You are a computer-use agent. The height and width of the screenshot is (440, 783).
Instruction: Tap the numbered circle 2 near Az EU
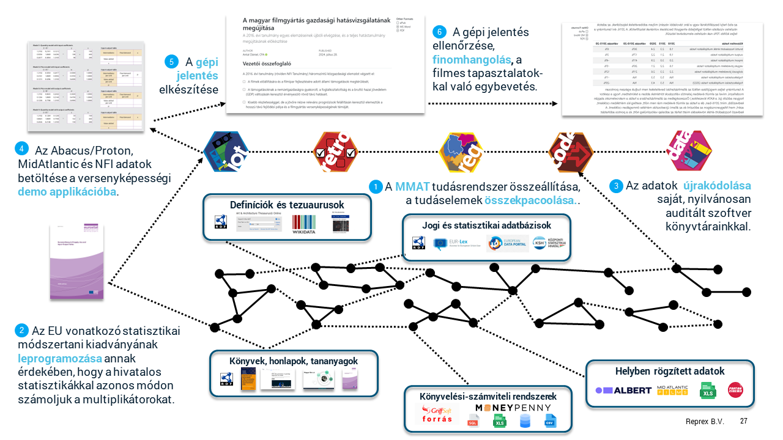[22, 331]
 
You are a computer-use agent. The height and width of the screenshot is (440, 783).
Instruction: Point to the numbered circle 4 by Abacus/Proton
[22, 149]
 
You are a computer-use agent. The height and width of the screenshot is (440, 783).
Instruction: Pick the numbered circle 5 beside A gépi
[172, 62]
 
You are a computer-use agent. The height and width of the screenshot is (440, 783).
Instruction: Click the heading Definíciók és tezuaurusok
[287, 204]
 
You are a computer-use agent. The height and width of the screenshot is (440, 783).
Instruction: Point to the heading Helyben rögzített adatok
[670, 371]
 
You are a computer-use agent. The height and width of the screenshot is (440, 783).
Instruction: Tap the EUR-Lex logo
[456, 244]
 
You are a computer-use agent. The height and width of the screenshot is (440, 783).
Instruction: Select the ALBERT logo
[623, 390]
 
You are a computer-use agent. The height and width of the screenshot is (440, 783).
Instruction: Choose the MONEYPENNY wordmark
[513, 408]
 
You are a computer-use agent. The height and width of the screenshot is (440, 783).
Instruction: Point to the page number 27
[743, 421]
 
